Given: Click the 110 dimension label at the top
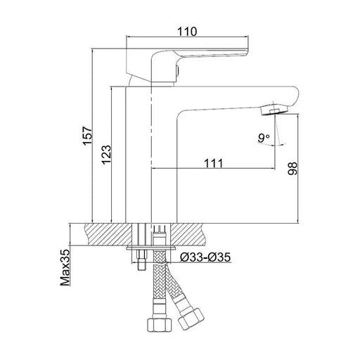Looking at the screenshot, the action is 187,32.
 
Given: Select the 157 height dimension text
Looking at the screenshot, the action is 87,136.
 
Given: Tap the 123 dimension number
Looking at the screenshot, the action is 106,155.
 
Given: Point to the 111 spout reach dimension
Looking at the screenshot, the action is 214,163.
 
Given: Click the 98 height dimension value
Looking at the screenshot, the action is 292,168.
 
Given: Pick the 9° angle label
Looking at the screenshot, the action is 264,138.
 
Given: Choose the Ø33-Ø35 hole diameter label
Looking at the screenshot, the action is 205,257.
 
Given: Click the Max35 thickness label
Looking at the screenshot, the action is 65,267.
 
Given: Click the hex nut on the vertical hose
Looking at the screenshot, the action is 160,325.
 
